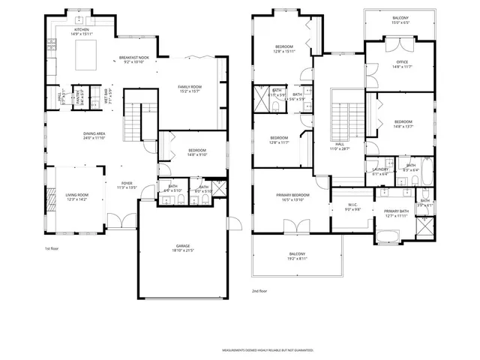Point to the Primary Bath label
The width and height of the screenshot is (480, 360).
pos(396,213)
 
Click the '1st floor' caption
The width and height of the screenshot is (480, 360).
pos(51,247)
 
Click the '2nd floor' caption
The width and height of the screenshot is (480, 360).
pos(260,290)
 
